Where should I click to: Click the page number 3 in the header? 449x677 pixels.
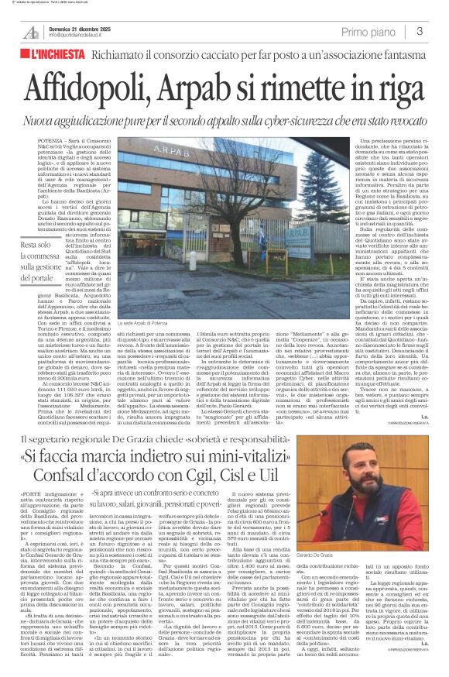tap(419, 31)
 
